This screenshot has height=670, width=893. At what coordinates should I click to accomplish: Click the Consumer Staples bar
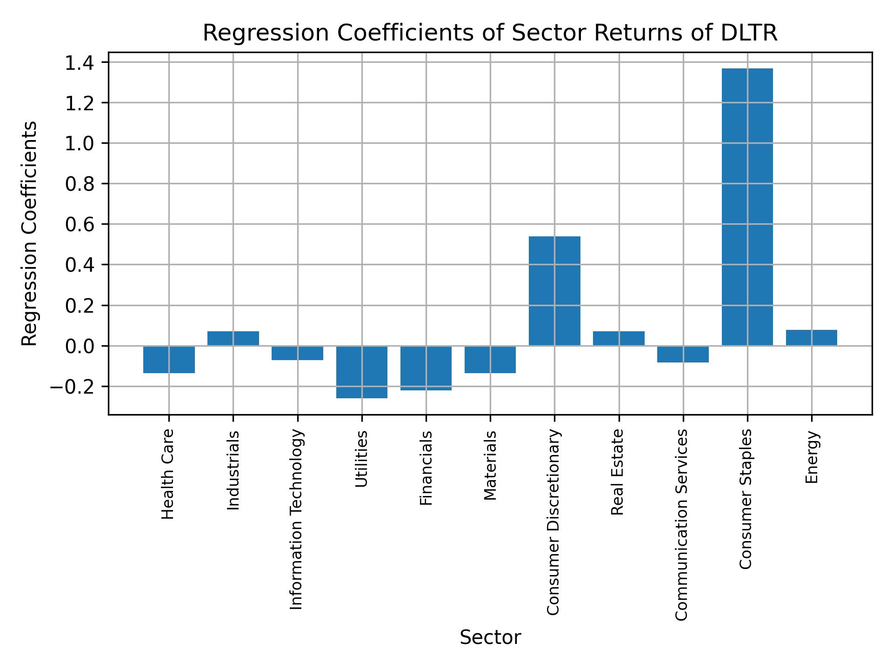747,207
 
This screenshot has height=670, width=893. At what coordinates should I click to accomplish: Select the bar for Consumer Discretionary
554,291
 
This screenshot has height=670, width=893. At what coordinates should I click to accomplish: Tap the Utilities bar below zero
362,372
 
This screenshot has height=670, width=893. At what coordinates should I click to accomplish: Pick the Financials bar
426,368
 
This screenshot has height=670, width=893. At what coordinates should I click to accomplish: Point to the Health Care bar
169,360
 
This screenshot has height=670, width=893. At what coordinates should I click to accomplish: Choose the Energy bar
811,338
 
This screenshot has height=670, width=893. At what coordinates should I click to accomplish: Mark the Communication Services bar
683,354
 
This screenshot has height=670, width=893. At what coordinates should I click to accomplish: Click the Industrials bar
233,338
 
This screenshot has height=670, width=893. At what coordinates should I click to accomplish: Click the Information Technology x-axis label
297,519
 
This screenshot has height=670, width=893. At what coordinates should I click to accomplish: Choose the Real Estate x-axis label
617,472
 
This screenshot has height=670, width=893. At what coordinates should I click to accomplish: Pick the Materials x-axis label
490,466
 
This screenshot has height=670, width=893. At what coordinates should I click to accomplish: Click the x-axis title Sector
490,638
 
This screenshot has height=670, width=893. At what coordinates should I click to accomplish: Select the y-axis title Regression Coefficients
30,234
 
